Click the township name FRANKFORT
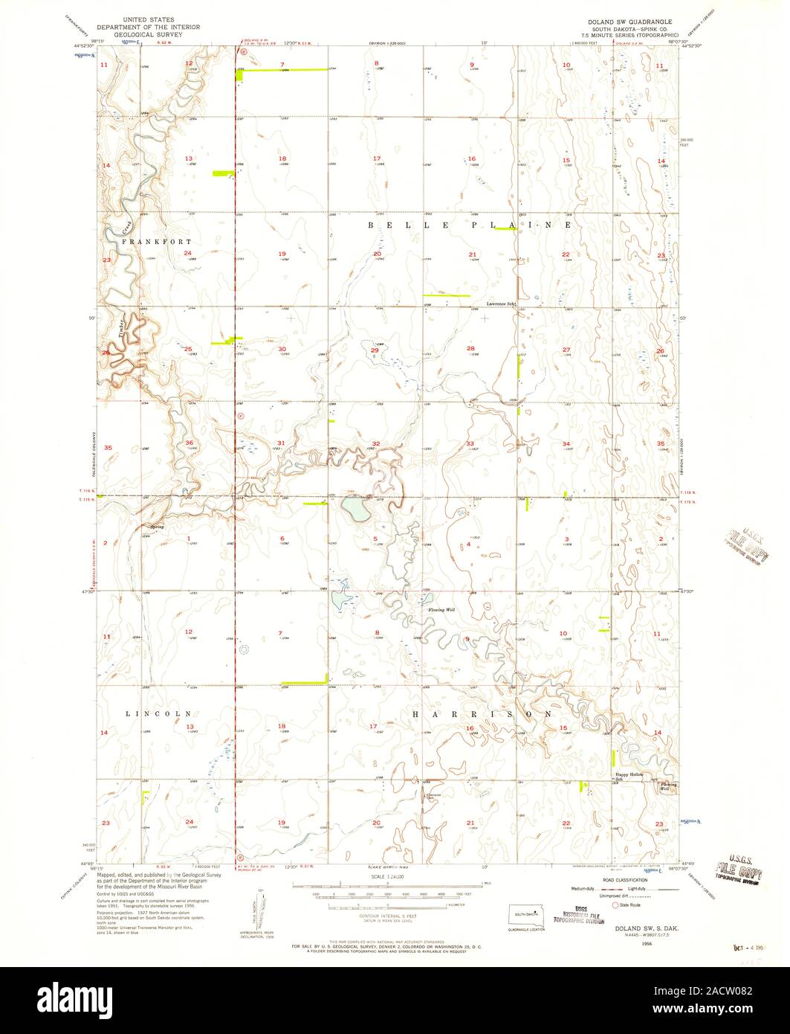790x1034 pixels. pyautogui.click(x=157, y=242)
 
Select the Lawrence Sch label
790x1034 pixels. pyautogui.click(x=501, y=304)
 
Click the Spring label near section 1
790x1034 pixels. pyautogui.click(x=157, y=527)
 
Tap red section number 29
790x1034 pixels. pyautogui.click(x=375, y=350)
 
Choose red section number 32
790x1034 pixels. pyautogui.click(x=377, y=444)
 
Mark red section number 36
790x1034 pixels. pyautogui.click(x=189, y=443)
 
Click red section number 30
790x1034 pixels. pyautogui.click(x=282, y=349)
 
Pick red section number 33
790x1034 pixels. pyautogui.click(x=470, y=444)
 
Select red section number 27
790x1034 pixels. pyautogui.click(x=566, y=349)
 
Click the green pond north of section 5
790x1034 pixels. pyautogui.click(x=355, y=510)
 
